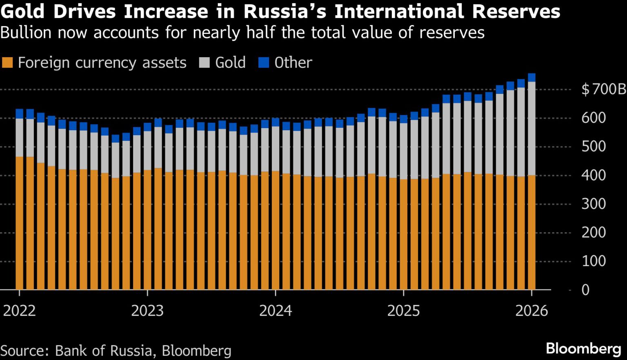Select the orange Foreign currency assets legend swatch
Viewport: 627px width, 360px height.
point(7,63)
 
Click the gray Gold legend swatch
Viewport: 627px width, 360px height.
point(204,63)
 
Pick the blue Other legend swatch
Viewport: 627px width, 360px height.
point(264,63)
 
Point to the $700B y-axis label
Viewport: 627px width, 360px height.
point(603,89)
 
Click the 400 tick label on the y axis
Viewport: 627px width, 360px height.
point(594,175)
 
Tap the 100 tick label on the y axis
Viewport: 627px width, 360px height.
point(594,261)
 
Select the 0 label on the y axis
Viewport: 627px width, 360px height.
point(585,290)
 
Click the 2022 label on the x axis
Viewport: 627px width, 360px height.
point(19,311)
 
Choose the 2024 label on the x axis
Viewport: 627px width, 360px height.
point(276,311)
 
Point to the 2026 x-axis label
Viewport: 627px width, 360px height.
point(531,311)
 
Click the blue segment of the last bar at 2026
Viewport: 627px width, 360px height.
point(531,78)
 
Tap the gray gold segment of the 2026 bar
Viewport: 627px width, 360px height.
point(531,128)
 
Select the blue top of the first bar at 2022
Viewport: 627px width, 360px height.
point(19,113)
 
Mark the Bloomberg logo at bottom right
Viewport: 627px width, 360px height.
point(583,349)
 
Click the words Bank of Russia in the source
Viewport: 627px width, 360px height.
point(104,351)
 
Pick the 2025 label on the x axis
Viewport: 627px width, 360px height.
point(403,311)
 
